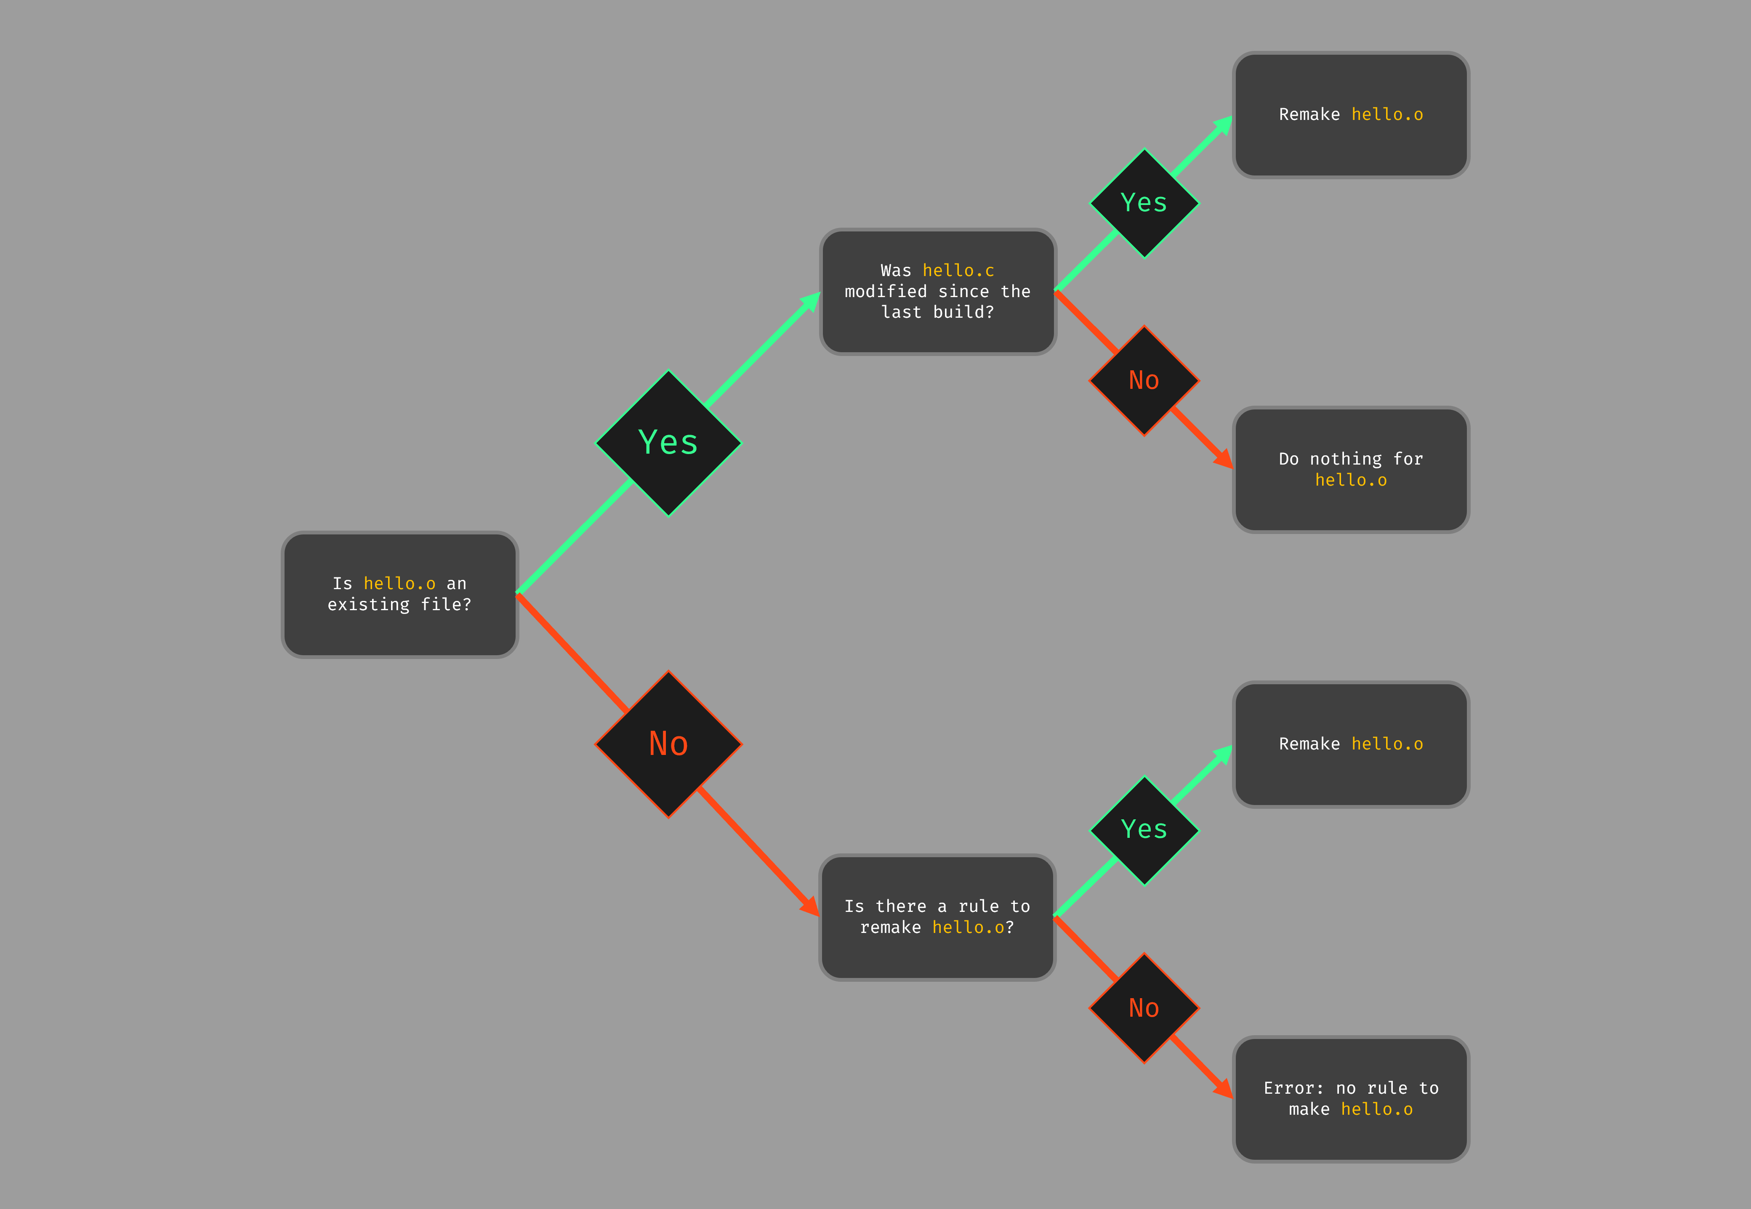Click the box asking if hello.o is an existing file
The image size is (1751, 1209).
point(399,595)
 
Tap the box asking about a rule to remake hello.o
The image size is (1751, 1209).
point(937,917)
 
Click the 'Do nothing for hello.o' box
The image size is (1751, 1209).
point(1351,470)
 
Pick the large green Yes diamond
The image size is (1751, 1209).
point(668,443)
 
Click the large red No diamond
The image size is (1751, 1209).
point(668,744)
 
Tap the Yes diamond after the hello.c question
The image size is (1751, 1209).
point(1144,203)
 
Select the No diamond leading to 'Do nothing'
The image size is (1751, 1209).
point(1144,380)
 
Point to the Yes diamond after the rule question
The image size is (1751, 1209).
point(1144,830)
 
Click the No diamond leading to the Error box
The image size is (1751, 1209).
point(1144,1008)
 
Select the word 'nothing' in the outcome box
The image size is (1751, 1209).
point(1346,459)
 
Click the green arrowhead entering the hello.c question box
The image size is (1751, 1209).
point(811,301)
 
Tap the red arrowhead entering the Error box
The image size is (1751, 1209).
point(1222,1089)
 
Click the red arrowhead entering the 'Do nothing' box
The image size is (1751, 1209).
point(1222,459)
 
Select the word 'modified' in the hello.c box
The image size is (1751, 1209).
point(886,292)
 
